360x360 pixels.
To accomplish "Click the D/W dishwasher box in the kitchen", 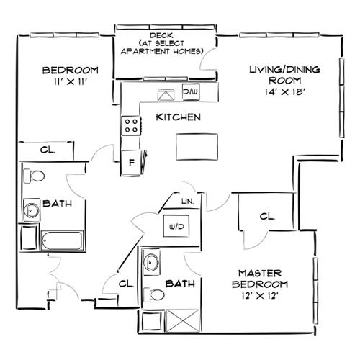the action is (x=191, y=91).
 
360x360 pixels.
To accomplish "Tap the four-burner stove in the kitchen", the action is (x=131, y=125).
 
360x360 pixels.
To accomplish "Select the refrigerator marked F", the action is (x=131, y=162).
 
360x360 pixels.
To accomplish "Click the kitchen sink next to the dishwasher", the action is (x=166, y=95).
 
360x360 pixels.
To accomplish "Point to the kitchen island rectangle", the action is (x=197, y=147).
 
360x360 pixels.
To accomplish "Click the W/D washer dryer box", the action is (x=176, y=226).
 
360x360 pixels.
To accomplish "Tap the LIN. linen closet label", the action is (x=188, y=202).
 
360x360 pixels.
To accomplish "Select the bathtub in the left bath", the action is (x=62, y=240).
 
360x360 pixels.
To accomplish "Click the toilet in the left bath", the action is (x=34, y=176).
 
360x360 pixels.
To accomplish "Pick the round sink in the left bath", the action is (x=31, y=210).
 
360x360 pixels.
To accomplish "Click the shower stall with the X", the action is (x=183, y=321).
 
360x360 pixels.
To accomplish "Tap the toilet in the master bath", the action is (x=154, y=294).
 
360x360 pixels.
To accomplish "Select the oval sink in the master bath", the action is (x=151, y=262).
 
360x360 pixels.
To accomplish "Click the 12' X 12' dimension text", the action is (x=260, y=296).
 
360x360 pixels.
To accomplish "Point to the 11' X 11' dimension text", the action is (x=70, y=82).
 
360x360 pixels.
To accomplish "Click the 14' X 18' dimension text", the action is (x=285, y=91).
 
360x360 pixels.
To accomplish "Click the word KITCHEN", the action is (x=179, y=117).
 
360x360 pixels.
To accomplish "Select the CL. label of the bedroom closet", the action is (x=48, y=150).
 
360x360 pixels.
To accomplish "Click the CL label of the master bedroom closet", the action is (x=267, y=216).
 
